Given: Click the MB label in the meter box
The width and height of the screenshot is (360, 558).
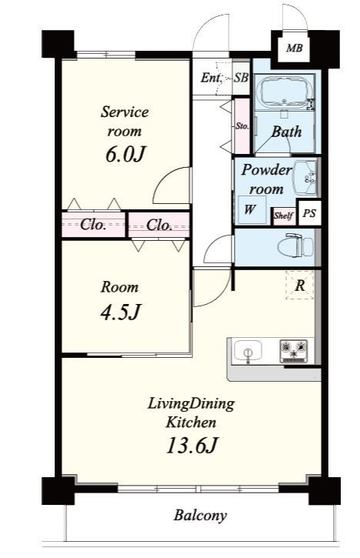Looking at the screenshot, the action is pyautogui.click(x=294, y=48).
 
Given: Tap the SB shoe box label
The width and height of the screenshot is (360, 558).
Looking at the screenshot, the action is pyautogui.click(x=241, y=77).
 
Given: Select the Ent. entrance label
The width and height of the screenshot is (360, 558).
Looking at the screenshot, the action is pyautogui.click(x=211, y=77).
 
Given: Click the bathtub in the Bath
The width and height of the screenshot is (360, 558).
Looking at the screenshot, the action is pyautogui.click(x=285, y=92).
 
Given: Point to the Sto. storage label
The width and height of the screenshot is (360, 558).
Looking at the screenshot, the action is pyautogui.click(x=242, y=126).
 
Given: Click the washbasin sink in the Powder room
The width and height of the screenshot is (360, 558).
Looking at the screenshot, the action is pyautogui.click(x=306, y=177).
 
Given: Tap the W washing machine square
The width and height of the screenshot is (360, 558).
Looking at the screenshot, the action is pyautogui.click(x=252, y=209).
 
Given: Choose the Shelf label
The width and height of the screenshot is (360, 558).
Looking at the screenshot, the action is pyautogui.click(x=284, y=216).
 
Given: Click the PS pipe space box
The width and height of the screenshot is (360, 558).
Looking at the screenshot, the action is pyautogui.click(x=309, y=213).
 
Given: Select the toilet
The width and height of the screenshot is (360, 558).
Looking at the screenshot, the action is pyautogui.click(x=296, y=245).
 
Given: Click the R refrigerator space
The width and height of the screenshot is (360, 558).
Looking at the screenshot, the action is pyautogui.click(x=300, y=285).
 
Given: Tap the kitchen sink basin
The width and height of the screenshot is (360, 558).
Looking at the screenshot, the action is pyautogui.click(x=248, y=351).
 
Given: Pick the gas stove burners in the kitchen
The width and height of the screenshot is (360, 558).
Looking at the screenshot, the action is pyautogui.click(x=294, y=351).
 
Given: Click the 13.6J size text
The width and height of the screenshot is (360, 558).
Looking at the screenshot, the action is pyautogui.click(x=192, y=446).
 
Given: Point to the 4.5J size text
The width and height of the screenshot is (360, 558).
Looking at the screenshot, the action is pyautogui.click(x=121, y=312).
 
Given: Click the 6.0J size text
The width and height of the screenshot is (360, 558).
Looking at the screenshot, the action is pyautogui.click(x=125, y=155).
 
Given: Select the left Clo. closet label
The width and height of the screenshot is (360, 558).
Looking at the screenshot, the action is pyautogui.click(x=93, y=225).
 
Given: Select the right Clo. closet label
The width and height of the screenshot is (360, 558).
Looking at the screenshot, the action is pyautogui.click(x=159, y=225).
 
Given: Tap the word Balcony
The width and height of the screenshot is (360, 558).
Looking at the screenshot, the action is pyautogui.click(x=200, y=516).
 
